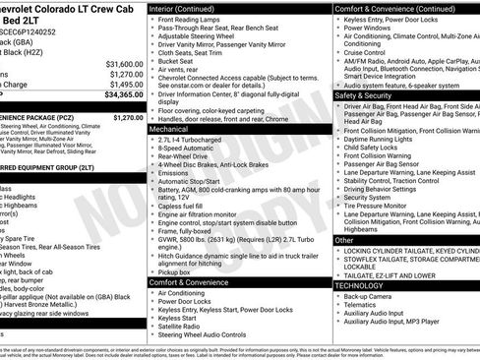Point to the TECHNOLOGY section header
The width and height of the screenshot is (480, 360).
(x=361, y=285)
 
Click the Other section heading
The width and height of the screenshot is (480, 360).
(x=344, y=239)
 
